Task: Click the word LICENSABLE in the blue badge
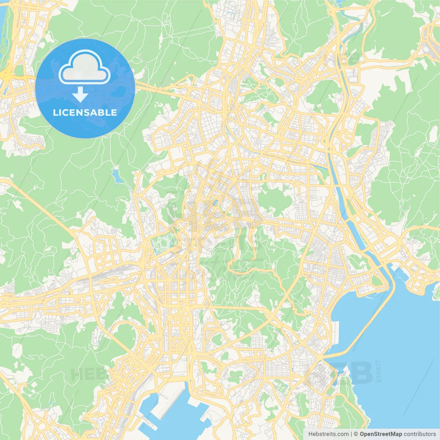85,112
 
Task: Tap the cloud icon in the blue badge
85,68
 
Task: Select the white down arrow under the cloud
80,95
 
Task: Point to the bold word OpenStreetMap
381,434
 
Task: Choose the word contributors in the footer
420,434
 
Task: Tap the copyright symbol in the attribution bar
356,434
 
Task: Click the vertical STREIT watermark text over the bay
379,372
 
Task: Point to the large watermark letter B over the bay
361,373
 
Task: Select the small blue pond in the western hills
116,176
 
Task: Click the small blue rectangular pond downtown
215,202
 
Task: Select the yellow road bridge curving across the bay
375,320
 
